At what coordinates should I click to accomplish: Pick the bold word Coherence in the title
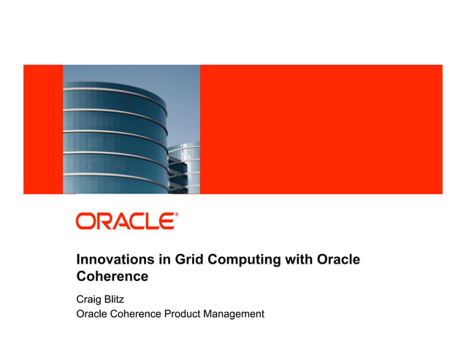112,277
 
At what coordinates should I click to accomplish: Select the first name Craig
91,299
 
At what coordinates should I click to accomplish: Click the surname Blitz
118,299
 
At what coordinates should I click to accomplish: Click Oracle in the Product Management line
93,314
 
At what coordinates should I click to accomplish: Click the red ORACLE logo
126,221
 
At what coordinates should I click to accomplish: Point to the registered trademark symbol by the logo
176,215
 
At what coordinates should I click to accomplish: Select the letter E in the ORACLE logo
166,221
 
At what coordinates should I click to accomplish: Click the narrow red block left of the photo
43,129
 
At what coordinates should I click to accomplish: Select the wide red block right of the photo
321,129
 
